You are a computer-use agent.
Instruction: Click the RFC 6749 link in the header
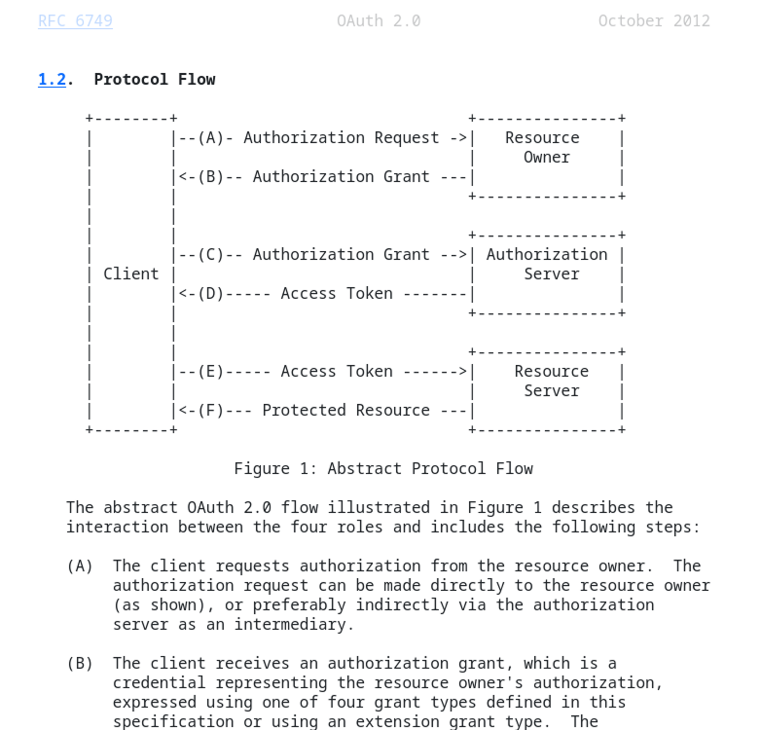tap(75, 20)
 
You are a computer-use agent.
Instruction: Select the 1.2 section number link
tap(52, 79)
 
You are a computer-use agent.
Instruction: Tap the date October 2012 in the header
tap(654, 20)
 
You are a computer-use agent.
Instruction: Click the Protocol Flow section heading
tap(155, 79)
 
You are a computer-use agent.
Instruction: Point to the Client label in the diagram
tap(130, 274)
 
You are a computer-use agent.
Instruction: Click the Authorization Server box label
tap(547, 264)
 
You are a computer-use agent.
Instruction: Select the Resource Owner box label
tap(543, 147)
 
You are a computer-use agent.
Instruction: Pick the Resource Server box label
tap(551, 381)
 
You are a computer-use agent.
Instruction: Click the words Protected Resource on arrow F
tap(345, 410)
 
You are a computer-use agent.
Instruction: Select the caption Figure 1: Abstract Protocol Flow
tap(383, 468)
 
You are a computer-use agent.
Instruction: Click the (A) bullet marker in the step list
tap(80, 566)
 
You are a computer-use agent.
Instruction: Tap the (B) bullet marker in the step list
tap(80, 663)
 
